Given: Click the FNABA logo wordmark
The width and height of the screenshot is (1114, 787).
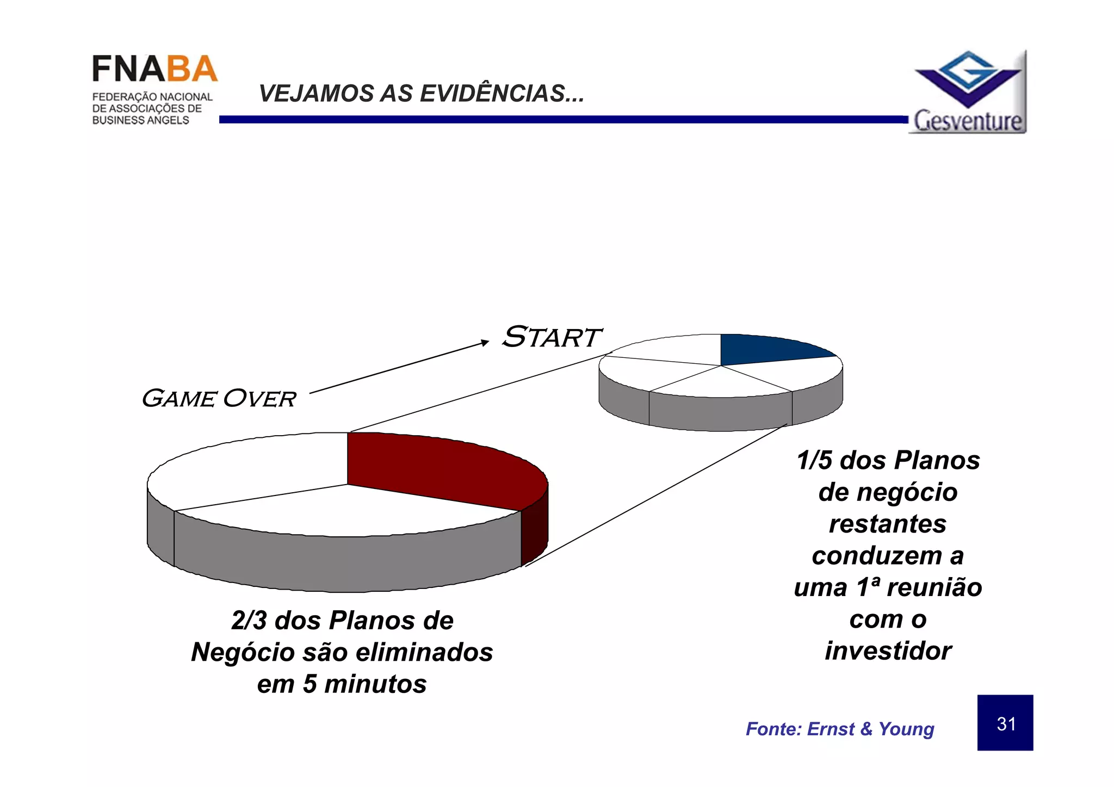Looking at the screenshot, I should pyautogui.click(x=154, y=70).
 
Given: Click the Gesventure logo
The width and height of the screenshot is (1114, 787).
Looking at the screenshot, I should pyautogui.click(x=969, y=92).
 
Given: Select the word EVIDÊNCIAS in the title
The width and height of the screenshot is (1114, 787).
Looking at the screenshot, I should pyautogui.click(x=502, y=94).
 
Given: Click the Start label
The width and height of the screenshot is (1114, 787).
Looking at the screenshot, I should pyautogui.click(x=551, y=337).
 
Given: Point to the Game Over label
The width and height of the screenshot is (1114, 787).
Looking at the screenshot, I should pyautogui.click(x=219, y=399).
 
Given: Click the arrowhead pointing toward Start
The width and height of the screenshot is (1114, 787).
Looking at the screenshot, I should pyautogui.click(x=485, y=342).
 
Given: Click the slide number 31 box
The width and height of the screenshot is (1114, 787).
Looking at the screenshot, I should pyautogui.click(x=1005, y=723).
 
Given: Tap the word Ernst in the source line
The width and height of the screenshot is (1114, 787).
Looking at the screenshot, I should pyautogui.click(x=831, y=729).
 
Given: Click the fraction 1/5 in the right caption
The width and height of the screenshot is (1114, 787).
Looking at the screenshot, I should pyautogui.click(x=815, y=460).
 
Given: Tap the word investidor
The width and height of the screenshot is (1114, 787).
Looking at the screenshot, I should pyautogui.click(x=888, y=651).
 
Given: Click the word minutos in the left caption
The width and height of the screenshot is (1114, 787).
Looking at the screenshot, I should pyautogui.click(x=375, y=684).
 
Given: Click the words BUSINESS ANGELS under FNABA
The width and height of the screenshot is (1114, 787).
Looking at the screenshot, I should pyautogui.click(x=140, y=120).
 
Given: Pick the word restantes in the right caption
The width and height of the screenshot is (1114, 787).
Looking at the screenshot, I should pyautogui.click(x=887, y=524).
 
